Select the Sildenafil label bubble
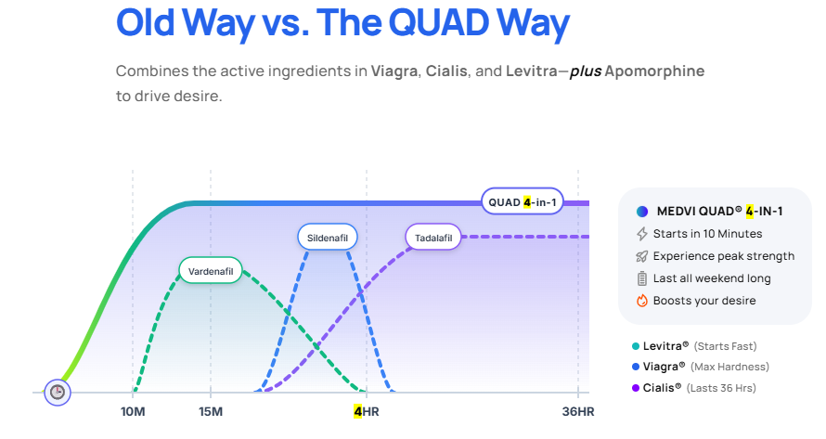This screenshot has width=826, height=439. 327,238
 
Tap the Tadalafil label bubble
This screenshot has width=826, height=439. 434,238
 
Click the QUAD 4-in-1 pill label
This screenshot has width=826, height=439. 523,201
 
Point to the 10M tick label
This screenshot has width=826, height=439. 133,412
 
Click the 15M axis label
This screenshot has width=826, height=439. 211,412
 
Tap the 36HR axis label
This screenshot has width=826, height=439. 577,412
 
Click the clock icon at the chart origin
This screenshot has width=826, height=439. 58,392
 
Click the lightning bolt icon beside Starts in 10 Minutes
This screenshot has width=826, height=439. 641,234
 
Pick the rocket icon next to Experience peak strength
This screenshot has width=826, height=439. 641,256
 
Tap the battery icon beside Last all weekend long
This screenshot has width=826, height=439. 641,278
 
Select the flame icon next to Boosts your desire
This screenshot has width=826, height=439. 641,301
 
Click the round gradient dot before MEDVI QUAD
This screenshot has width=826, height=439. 641,212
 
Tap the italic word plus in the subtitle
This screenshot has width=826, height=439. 584,71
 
